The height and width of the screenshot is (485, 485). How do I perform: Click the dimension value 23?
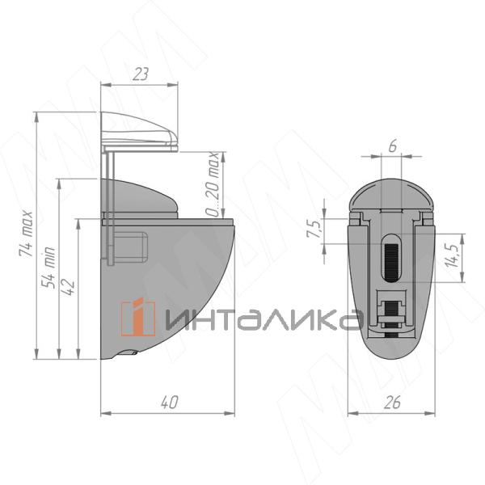point(141,74)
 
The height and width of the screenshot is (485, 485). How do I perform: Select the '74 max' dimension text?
point(26,234)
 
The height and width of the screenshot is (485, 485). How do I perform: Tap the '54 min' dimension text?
point(48,268)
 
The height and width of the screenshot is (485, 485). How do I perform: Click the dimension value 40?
point(170,402)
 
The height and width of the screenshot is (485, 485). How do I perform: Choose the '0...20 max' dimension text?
point(213,184)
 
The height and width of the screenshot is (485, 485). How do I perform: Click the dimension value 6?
point(393,146)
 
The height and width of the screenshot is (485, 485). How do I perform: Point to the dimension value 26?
point(392,402)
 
